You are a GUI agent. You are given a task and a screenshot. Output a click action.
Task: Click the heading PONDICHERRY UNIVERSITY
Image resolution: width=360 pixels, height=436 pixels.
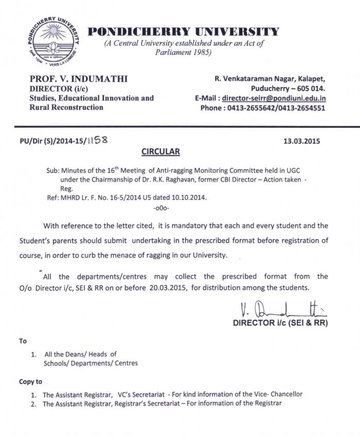184,32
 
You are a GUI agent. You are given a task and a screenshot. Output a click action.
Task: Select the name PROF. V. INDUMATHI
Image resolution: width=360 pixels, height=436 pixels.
78,79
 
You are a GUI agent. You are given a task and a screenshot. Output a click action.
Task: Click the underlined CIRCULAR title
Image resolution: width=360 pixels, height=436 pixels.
160,152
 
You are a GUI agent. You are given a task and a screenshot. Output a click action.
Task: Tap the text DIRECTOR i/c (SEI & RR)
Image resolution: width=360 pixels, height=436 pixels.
280,323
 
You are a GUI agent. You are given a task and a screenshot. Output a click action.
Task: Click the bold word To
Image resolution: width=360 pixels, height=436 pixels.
23,341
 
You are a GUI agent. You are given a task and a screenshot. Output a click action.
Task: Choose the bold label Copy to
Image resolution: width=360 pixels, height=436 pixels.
31,381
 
